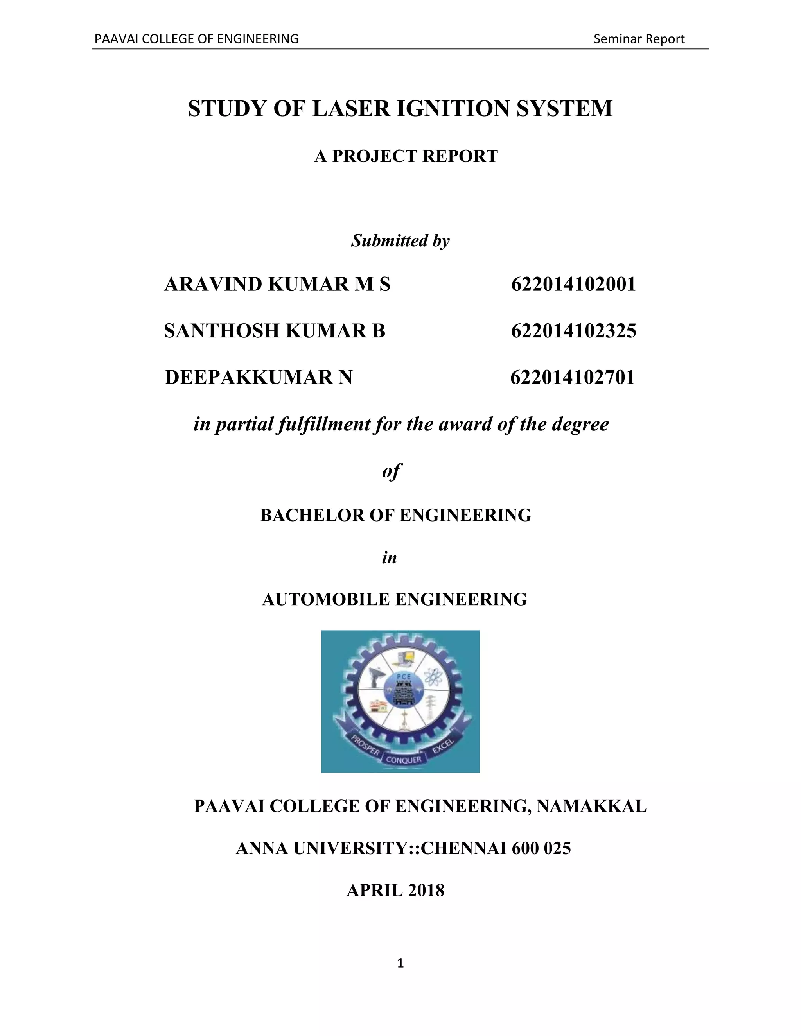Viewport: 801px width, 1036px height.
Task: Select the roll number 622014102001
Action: [x=573, y=285]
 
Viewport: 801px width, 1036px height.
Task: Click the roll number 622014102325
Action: [x=573, y=331]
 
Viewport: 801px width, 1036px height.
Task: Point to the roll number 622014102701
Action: [x=572, y=378]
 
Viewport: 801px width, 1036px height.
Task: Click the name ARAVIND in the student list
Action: [x=213, y=285]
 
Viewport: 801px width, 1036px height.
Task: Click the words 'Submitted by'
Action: [x=400, y=241]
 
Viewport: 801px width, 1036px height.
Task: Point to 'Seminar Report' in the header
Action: [x=639, y=39]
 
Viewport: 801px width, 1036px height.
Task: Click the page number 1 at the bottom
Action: [x=400, y=963]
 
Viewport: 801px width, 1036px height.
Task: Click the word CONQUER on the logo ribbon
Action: [x=403, y=760]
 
